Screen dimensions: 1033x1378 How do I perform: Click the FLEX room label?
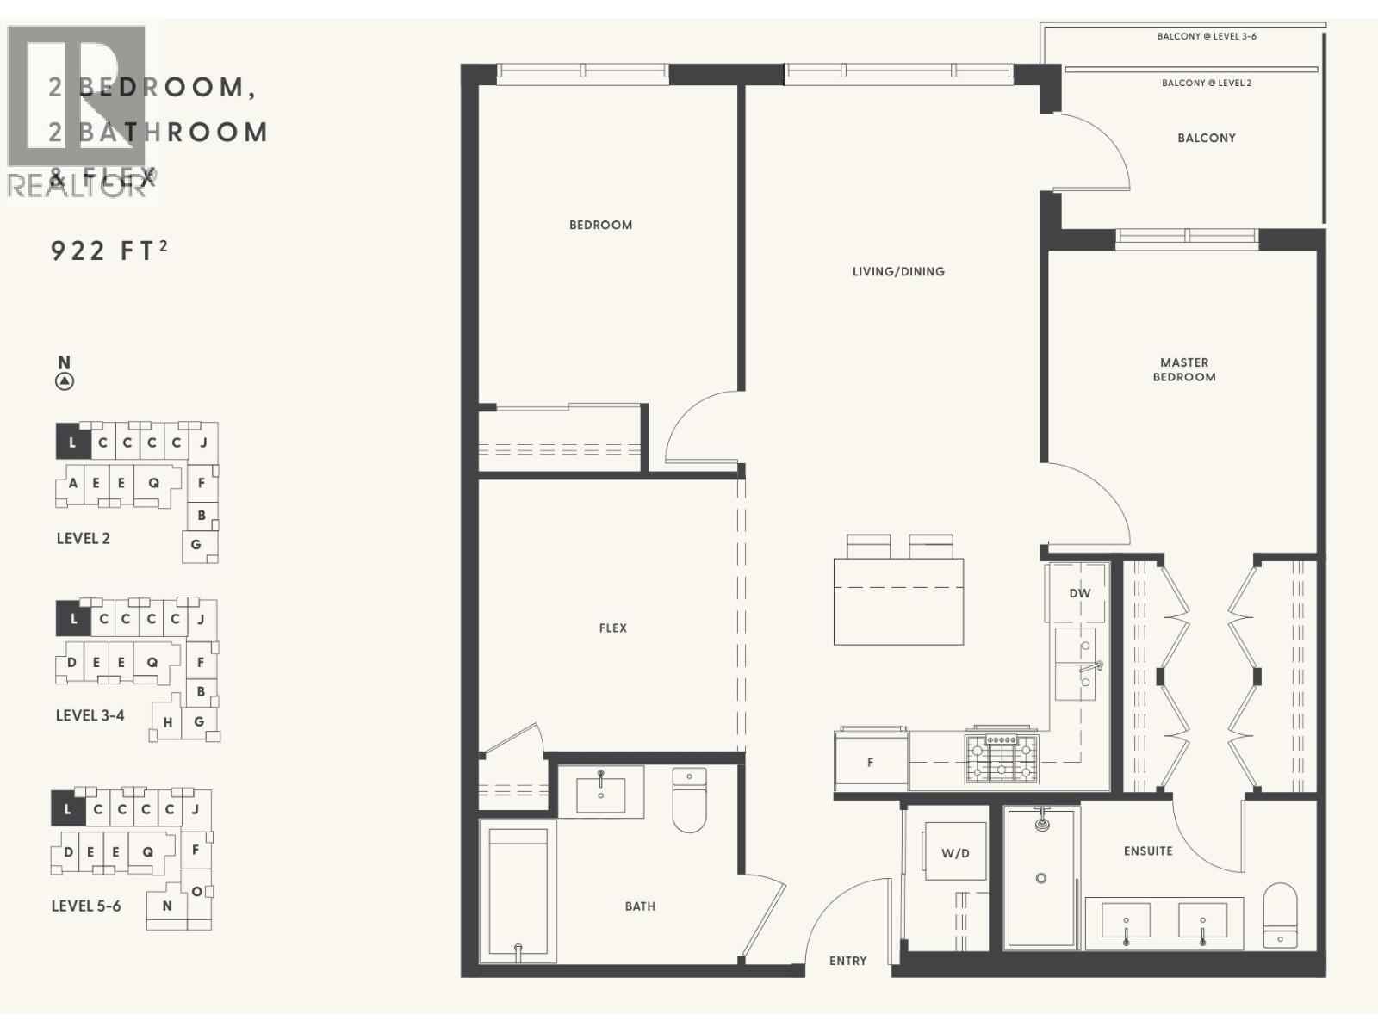tap(612, 628)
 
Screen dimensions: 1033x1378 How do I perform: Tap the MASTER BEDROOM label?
tap(1184, 369)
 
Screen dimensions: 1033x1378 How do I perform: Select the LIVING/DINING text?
tap(898, 271)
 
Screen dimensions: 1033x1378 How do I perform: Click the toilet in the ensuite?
tap(1280, 917)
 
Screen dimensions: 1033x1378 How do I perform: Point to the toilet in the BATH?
tap(689, 801)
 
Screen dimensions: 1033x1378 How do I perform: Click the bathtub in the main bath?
tap(518, 891)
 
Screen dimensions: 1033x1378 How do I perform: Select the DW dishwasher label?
tap(1079, 593)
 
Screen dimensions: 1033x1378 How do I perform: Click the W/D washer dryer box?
tap(955, 852)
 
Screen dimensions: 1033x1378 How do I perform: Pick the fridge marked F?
tap(871, 762)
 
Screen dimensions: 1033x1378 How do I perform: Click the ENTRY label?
tap(847, 961)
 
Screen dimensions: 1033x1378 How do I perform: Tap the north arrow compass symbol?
tap(65, 381)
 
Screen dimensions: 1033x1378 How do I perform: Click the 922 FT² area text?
tap(109, 251)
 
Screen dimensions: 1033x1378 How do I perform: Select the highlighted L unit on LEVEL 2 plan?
tap(72, 442)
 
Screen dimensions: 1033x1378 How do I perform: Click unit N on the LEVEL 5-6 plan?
tap(167, 906)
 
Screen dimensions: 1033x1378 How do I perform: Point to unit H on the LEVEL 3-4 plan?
tap(168, 722)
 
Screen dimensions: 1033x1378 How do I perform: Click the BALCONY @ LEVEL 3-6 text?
tap(1206, 36)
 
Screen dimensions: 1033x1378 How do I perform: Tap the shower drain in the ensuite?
tap(1041, 878)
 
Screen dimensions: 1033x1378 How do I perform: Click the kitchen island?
tap(898, 601)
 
